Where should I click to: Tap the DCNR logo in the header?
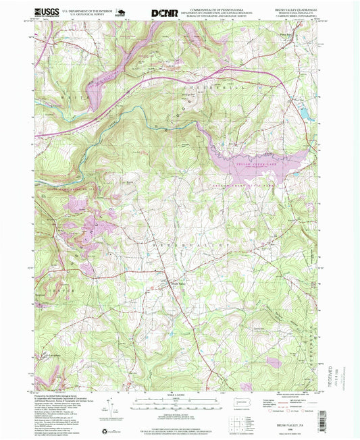[164, 12]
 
